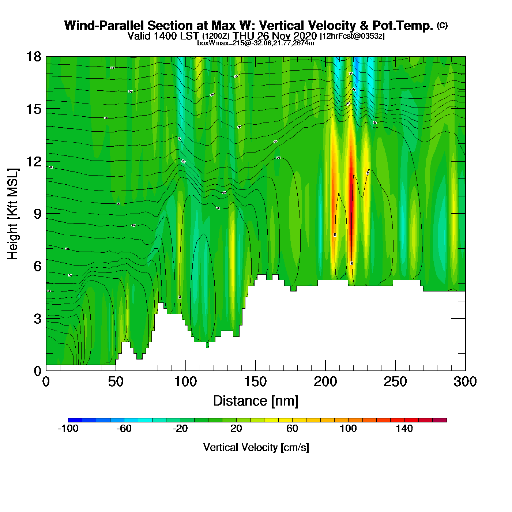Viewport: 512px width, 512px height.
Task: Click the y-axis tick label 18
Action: pyautogui.click(x=33, y=57)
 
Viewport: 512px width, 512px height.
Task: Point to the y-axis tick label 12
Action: pyautogui.click(x=33, y=161)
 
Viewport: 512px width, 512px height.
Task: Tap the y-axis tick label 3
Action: pyautogui.click(x=37, y=319)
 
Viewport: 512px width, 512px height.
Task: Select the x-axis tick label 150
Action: pyautogui.click(x=255, y=382)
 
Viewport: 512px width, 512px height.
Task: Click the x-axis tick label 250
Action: pyautogui.click(x=395, y=382)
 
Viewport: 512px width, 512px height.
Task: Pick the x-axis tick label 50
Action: pyautogui.click(x=116, y=382)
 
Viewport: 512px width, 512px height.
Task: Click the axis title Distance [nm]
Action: pyautogui.click(x=256, y=401)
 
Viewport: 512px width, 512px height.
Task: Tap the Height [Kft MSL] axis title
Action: pyautogui.click(x=13, y=214)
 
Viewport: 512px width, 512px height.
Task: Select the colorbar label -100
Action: pyautogui.click(x=68, y=429)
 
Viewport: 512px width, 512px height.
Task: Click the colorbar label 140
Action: pyautogui.click(x=404, y=429)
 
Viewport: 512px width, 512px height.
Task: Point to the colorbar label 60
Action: pyautogui.click(x=292, y=429)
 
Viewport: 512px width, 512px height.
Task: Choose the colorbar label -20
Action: pyautogui.click(x=180, y=429)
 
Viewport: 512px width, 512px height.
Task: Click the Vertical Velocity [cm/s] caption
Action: pyautogui.click(x=256, y=447)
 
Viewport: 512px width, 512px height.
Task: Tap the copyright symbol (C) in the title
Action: pyautogui.click(x=442, y=25)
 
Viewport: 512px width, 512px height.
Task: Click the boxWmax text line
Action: pyautogui.click(x=256, y=43)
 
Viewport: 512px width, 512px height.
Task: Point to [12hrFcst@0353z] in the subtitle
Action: pyautogui.click(x=352, y=36)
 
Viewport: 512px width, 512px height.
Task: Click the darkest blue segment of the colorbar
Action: pyautogui.click(x=75, y=420)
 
